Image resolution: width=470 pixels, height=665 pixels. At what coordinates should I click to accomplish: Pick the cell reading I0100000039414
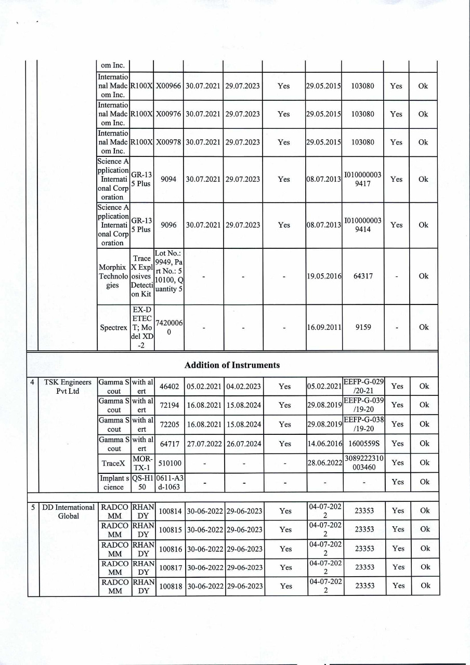[362, 225]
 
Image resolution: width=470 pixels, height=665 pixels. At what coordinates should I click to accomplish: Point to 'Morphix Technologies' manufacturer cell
[113, 276]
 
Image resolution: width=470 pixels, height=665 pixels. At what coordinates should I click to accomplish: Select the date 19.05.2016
[323, 276]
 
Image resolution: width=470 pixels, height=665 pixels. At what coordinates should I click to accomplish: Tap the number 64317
[362, 276]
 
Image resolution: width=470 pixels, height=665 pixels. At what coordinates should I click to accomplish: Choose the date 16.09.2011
[323, 327]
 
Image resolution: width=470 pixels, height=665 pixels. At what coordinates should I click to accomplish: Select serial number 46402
[169, 387]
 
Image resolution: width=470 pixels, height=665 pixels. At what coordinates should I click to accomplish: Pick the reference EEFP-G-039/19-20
[363, 405]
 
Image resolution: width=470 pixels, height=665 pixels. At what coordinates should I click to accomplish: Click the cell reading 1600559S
[363, 443]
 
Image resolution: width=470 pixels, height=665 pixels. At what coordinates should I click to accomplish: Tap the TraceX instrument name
[114, 462]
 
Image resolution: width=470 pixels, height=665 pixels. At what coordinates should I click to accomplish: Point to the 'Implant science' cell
[114, 482]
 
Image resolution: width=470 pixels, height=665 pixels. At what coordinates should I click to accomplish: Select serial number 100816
[171, 549]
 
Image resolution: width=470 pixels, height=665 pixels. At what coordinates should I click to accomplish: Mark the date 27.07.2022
[205, 443]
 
